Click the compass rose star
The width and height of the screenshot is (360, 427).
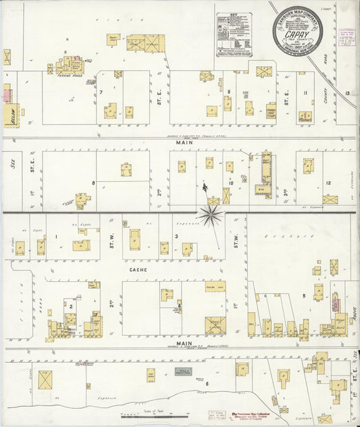pos(211,215)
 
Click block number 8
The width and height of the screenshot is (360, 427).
pos(93,182)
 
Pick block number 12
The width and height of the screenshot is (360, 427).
pos(329,182)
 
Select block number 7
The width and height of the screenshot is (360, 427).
pos(101,92)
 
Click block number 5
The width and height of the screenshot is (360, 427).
pos(305,295)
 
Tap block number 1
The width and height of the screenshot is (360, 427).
pos(57,236)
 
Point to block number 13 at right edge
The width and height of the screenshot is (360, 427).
pos(347,93)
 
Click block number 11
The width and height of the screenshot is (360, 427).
pos(305,93)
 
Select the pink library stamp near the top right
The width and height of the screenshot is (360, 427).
pos(348,38)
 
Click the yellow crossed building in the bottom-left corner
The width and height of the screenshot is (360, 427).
pos(45,380)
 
